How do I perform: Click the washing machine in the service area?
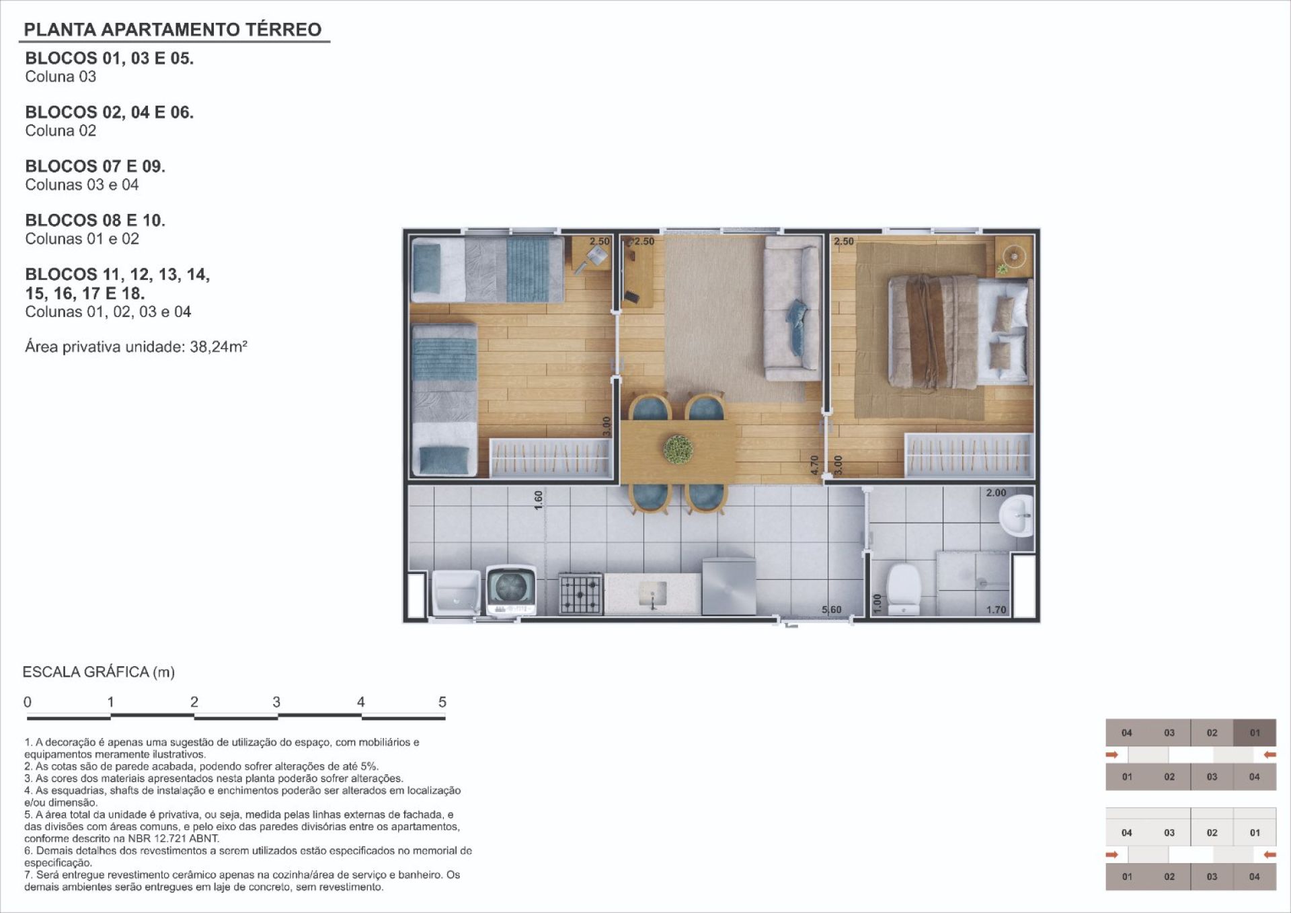pyautogui.click(x=512, y=590)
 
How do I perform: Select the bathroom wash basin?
pyautogui.click(x=1016, y=516)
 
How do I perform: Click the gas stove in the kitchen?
pyautogui.click(x=580, y=593)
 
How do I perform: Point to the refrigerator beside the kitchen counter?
pyautogui.click(x=729, y=586)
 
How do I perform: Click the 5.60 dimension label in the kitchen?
pyautogui.click(x=832, y=610)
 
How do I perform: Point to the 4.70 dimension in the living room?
pyautogui.click(x=815, y=465)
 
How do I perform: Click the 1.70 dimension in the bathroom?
pyautogui.click(x=996, y=610)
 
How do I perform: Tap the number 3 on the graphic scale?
pyautogui.click(x=276, y=702)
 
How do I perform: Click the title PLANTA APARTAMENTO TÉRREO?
pyautogui.click(x=173, y=30)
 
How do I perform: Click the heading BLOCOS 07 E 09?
pyautogui.click(x=95, y=166)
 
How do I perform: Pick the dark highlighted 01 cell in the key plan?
pyautogui.click(x=1255, y=733)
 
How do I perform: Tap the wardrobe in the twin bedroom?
pyautogui.click(x=551, y=458)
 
